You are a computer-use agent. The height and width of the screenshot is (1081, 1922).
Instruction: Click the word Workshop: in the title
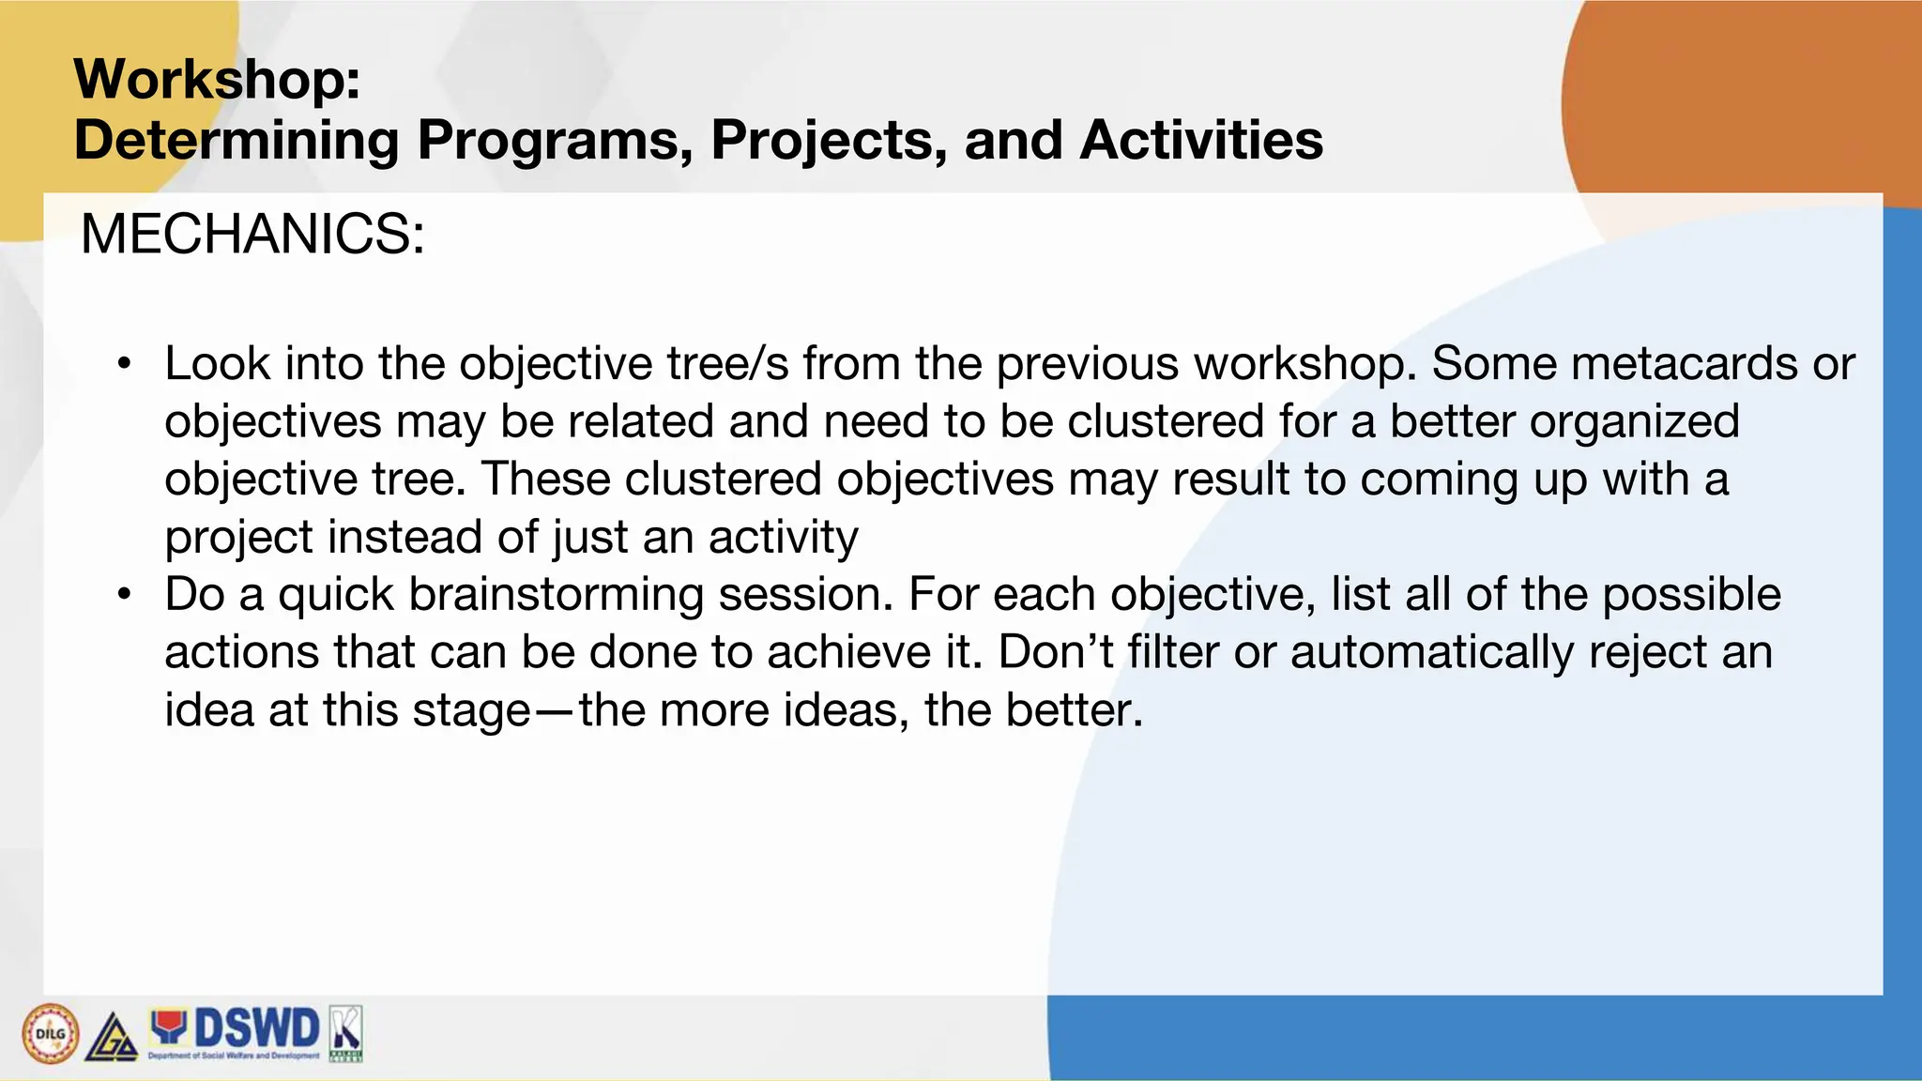tap(217, 79)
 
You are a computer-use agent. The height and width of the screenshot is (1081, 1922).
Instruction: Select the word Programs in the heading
tap(555, 141)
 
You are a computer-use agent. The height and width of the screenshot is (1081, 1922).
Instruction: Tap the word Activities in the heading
tap(1200, 141)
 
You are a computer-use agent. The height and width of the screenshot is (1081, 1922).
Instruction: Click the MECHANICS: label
tap(252, 234)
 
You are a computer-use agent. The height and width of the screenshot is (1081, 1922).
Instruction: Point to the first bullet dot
tap(124, 364)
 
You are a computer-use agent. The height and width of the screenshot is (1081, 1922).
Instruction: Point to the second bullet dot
tap(124, 595)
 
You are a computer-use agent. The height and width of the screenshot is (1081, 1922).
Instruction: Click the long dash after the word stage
tap(555, 711)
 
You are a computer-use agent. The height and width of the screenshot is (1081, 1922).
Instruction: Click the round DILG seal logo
tap(50, 1034)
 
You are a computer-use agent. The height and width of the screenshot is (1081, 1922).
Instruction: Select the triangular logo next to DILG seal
tap(112, 1038)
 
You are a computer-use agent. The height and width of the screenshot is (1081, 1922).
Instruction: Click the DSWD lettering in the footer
tap(256, 1028)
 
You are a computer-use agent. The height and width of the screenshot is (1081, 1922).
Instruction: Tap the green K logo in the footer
tap(345, 1033)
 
